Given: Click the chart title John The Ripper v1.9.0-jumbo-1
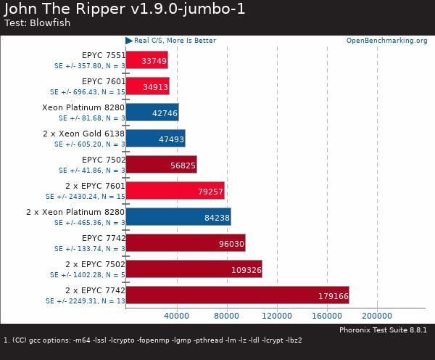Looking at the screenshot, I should click(x=125, y=9).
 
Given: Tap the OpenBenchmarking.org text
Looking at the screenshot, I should click(x=386, y=41).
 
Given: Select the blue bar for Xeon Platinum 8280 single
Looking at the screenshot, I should click(x=152, y=112).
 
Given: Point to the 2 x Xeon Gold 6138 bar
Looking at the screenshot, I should click(x=155, y=138).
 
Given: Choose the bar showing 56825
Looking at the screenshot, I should click(x=161, y=164).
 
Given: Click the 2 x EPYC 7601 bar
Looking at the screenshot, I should click(x=175, y=190).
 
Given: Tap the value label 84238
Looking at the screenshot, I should click(x=217, y=216).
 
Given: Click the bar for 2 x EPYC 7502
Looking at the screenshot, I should click(x=194, y=269).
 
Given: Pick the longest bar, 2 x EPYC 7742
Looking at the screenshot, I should click(x=237, y=295).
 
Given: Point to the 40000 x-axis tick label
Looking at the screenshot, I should click(x=176, y=316).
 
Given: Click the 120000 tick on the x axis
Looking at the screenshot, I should click(x=277, y=316).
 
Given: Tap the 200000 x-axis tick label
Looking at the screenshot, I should click(x=377, y=316).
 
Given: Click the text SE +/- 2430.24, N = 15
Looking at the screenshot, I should click(x=85, y=197).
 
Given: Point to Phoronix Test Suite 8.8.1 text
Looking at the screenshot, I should click(x=383, y=330).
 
